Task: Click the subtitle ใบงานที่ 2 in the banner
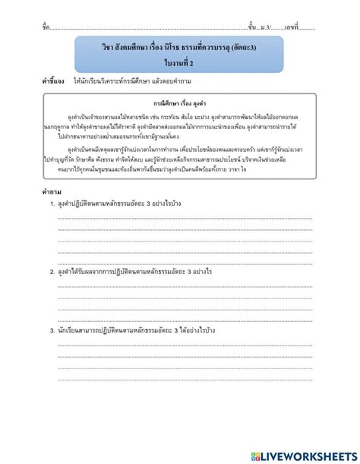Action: (x=180, y=63)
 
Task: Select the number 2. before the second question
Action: (x=52, y=271)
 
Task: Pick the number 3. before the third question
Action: (x=52, y=331)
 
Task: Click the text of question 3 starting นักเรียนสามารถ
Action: (x=129, y=331)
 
